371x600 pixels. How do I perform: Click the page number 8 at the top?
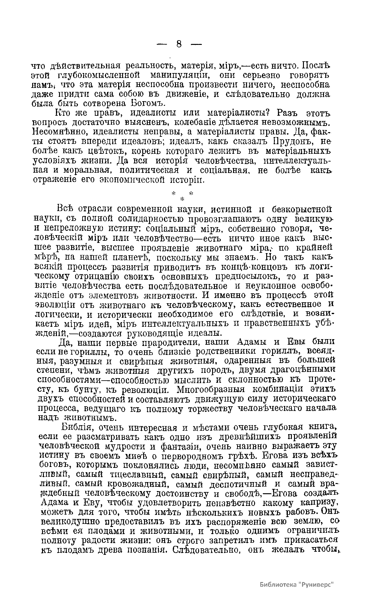(x=179, y=44)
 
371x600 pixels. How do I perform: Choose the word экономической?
(x=137, y=180)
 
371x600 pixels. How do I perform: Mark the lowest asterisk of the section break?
(x=182, y=198)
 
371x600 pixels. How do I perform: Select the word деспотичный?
(x=239, y=484)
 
